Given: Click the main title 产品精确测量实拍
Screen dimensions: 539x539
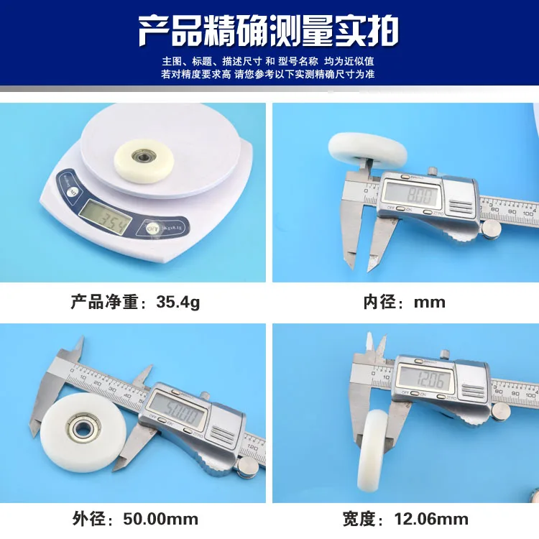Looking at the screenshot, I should click(269, 31).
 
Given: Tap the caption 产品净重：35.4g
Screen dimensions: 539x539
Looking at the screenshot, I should click(135, 302).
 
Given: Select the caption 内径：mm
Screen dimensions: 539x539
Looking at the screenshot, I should click(404, 302).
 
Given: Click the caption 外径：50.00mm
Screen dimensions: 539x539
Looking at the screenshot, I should click(135, 518).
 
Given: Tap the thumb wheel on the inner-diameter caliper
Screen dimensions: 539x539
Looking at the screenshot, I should click(491, 229).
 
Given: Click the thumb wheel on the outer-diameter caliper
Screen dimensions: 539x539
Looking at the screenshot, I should click(247, 468).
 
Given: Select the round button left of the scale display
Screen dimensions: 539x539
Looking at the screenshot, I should click(71, 193).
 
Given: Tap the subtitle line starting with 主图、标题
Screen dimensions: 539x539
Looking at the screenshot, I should click(269, 61).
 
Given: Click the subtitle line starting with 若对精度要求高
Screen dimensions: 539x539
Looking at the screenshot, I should click(269, 74).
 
